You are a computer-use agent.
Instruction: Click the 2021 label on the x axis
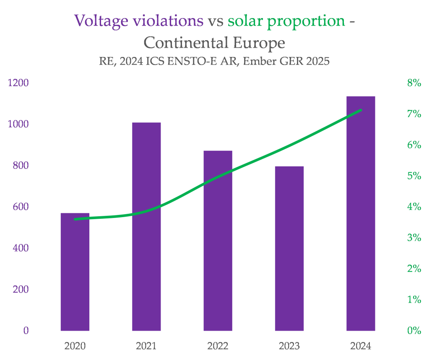(146, 346)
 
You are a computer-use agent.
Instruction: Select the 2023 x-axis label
(289, 346)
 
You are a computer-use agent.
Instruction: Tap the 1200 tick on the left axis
(18, 83)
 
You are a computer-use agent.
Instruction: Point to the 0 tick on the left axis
(26, 330)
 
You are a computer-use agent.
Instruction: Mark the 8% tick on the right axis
(414, 83)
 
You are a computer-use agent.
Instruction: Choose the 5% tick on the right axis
(414, 176)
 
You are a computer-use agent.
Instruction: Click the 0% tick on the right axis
(414, 330)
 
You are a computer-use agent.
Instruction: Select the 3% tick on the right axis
(414, 238)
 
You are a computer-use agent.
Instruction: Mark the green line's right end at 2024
(361, 110)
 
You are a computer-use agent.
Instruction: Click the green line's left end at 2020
(75, 219)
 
